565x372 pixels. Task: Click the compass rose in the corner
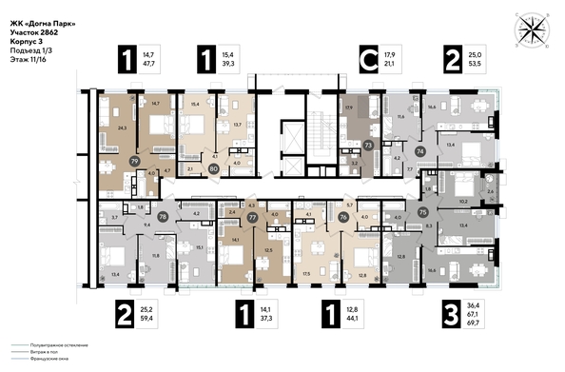[529, 28]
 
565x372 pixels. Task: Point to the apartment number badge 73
[367, 144]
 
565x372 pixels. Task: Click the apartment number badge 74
[420, 151]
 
